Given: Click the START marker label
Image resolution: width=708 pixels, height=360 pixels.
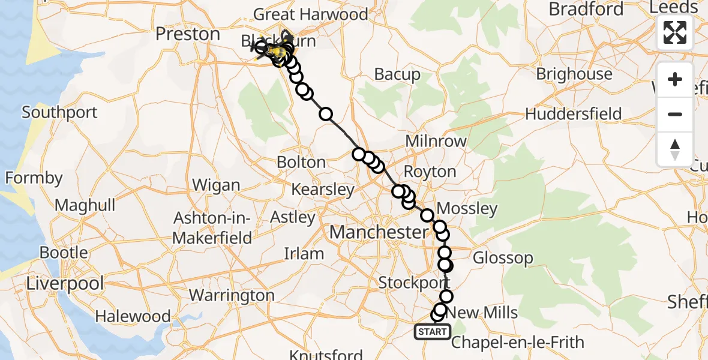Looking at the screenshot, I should [432, 332].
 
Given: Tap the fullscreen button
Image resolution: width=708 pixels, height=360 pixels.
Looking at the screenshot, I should [675, 32].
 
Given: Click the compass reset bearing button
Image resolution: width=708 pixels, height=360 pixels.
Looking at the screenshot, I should [675, 149].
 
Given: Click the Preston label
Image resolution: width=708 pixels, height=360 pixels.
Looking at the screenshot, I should [188, 34].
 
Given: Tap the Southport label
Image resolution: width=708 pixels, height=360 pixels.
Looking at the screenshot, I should [59, 112].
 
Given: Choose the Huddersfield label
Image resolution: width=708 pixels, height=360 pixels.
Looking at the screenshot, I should [573, 114].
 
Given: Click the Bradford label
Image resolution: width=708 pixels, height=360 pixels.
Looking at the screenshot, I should [586, 10].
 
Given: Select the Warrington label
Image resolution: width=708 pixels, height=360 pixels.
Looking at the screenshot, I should [232, 295].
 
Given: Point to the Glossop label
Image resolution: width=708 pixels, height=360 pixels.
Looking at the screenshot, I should [503, 258].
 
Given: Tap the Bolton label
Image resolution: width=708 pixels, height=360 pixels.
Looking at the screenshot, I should [301, 163].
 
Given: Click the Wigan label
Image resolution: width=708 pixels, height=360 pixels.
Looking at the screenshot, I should [217, 185].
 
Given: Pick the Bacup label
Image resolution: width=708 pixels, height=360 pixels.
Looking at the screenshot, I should [397, 74].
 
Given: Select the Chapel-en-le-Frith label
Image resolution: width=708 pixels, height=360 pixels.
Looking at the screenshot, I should [517, 343].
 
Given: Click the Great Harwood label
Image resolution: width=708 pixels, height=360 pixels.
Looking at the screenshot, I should [311, 14].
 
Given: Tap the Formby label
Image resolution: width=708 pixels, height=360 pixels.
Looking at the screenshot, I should [34, 178].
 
